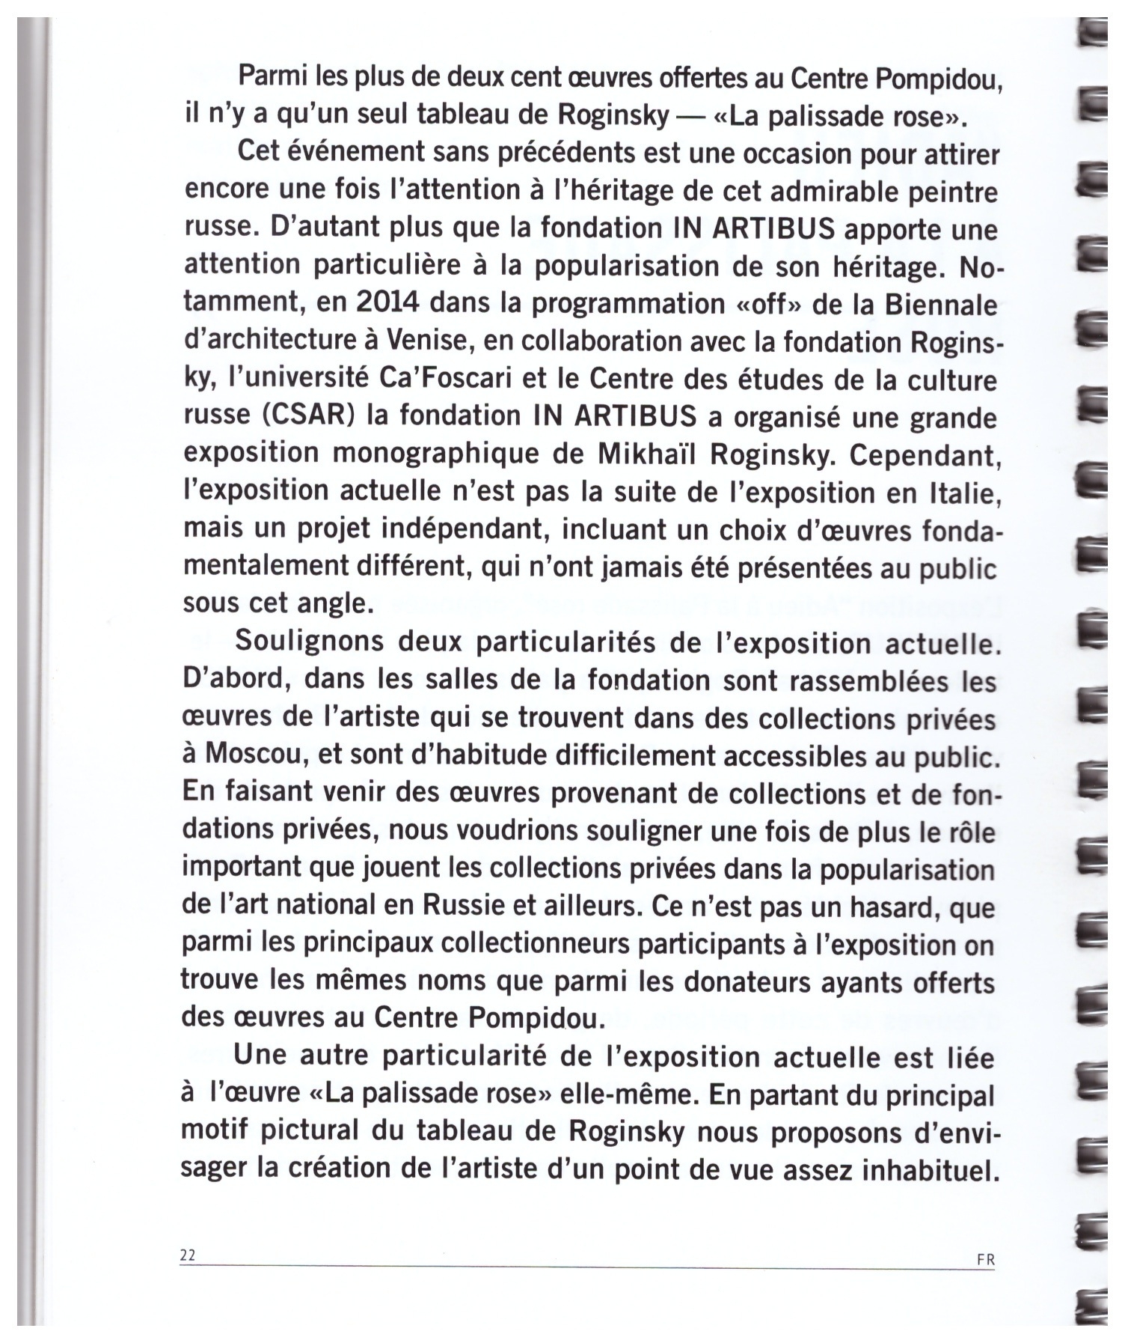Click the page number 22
(187, 1255)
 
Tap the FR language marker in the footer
(986, 1259)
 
